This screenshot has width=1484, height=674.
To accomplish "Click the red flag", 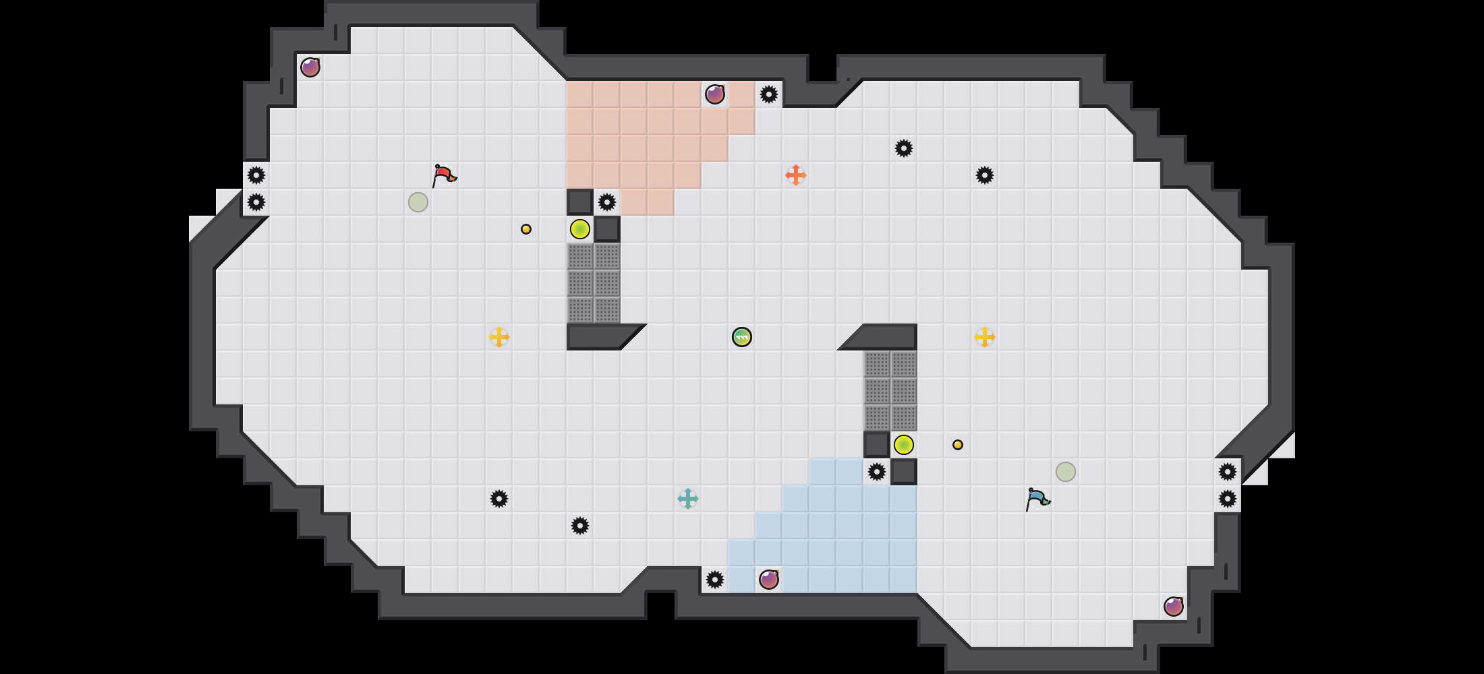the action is pyautogui.click(x=444, y=175).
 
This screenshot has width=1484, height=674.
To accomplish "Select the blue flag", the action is pyautogui.click(x=1037, y=499).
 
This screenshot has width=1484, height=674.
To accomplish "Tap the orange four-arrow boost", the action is pyautogui.click(x=796, y=175).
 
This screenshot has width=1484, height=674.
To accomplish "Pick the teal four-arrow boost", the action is pyautogui.click(x=688, y=499).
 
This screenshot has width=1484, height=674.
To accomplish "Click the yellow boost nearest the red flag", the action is pyautogui.click(x=499, y=337).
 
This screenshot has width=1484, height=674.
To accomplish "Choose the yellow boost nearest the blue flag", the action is pyautogui.click(x=985, y=337).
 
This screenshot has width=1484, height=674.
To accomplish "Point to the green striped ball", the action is pyautogui.click(x=742, y=337).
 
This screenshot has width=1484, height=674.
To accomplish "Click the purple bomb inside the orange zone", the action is pyautogui.click(x=715, y=94).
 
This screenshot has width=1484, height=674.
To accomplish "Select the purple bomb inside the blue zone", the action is pyautogui.click(x=769, y=580).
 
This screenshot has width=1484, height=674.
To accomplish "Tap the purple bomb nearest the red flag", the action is pyautogui.click(x=310, y=67).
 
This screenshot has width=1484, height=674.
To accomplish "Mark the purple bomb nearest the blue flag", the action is pyautogui.click(x=1174, y=607).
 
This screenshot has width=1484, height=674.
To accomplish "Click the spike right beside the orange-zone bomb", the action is pyautogui.click(x=769, y=94).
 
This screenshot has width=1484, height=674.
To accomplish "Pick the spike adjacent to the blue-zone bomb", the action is pyautogui.click(x=715, y=580).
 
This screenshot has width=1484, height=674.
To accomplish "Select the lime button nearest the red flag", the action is pyautogui.click(x=580, y=229).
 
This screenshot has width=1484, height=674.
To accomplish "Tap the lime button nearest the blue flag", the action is pyautogui.click(x=904, y=445).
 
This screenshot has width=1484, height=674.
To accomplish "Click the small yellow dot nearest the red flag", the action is pyautogui.click(x=526, y=229).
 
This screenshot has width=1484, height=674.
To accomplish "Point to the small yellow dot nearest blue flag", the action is pyautogui.click(x=958, y=445).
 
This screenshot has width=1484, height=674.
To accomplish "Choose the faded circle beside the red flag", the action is pyautogui.click(x=418, y=202).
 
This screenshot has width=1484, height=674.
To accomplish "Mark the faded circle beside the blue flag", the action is pyautogui.click(x=1066, y=472).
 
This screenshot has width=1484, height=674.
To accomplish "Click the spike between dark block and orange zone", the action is pyautogui.click(x=607, y=202).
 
